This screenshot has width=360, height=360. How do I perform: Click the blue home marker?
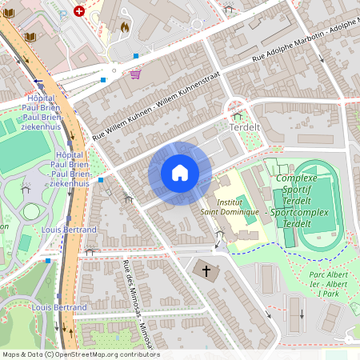(x=180, y=173)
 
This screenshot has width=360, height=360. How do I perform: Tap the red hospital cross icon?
(x=78, y=11)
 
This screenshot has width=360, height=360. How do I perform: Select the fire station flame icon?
(x=124, y=26)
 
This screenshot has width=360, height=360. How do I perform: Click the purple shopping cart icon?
(x=135, y=74)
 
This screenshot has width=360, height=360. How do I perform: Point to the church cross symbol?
(x=206, y=271)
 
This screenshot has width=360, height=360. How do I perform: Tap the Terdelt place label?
(x=245, y=127)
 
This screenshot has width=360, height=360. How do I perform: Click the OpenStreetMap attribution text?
(x=80, y=354)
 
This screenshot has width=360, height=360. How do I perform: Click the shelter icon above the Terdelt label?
(x=237, y=115)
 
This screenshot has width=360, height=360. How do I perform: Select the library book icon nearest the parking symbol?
(x=31, y=37)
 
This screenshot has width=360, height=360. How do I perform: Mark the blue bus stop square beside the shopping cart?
(x=103, y=79)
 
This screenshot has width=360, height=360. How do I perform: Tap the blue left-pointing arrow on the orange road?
(x=38, y=82)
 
